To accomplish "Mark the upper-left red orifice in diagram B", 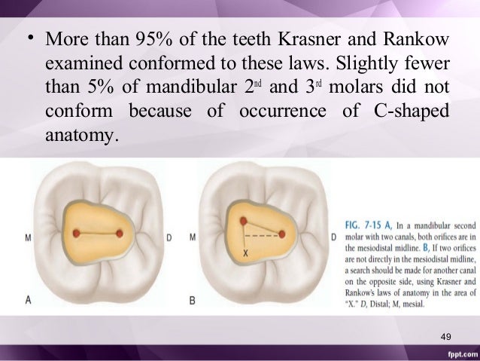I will [x=243, y=221].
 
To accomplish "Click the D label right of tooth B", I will [x=333, y=238].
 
